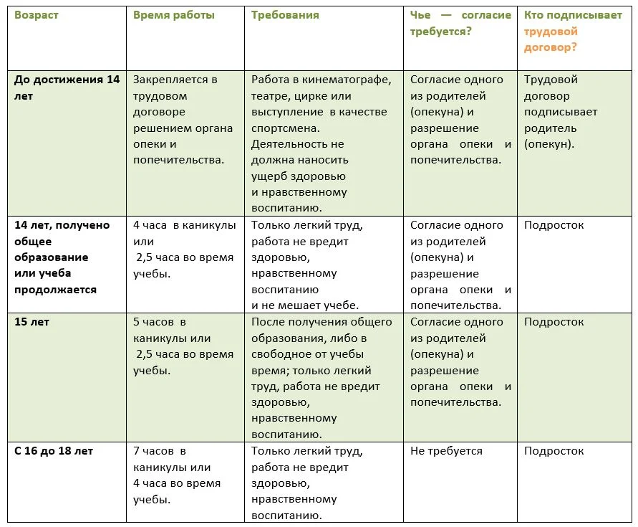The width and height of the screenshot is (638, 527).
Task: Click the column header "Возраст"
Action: pos(37,15)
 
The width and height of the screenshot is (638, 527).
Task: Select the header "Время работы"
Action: pos(173,15)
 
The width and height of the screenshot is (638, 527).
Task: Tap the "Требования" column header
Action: pos(285,15)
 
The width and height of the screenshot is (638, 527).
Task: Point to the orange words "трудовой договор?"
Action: pos(551,39)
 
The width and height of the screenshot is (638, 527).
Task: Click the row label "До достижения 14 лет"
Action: pos(67,87)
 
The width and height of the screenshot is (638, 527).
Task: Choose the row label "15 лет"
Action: pos(32,322)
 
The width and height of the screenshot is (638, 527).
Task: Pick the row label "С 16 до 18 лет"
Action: pos(54,451)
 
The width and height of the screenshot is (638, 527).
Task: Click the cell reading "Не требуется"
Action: pos(446,451)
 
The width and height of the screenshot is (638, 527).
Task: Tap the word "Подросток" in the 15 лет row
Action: pos(554,322)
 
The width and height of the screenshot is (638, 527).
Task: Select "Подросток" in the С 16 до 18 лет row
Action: pos(554,451)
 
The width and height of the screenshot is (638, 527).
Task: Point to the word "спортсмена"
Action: pos(285,128)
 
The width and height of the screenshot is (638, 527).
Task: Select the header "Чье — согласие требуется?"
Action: pos(460,23)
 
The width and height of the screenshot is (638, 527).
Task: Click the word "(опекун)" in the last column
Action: pos(548,143)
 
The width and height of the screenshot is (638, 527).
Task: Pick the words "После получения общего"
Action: pos(322,322)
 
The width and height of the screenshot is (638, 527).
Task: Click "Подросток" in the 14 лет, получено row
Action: pos(554,225)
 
